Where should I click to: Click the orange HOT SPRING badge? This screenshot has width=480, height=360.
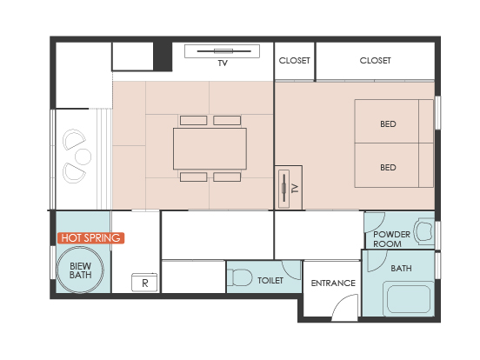pos(90,238)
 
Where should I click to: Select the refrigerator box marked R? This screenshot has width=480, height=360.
pos(144,283)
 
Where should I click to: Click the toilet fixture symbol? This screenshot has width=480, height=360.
pos(239,277)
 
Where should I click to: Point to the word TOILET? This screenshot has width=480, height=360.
pos(270,280)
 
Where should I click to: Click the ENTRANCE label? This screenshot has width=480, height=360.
pos(333,283)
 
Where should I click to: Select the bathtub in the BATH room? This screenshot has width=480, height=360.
pos(408,299)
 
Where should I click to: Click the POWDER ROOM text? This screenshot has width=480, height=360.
pos(391,239)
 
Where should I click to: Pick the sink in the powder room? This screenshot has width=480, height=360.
pos(424,230)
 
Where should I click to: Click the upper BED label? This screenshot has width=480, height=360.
pos(388,124)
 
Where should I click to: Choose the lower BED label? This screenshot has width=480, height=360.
pos(388,168)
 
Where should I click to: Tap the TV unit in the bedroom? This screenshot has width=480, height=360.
pos(289,188)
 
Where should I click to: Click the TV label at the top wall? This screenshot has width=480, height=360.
pos(223,63)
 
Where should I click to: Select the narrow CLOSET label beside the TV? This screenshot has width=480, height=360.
pos(294,61)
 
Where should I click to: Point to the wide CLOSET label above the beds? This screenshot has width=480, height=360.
pos(375,61)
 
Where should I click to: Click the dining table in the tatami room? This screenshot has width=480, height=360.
pos(210,149)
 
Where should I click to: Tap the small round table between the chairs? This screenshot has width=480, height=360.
pos(83,157)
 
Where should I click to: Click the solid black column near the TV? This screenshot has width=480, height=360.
pos(163,57)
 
